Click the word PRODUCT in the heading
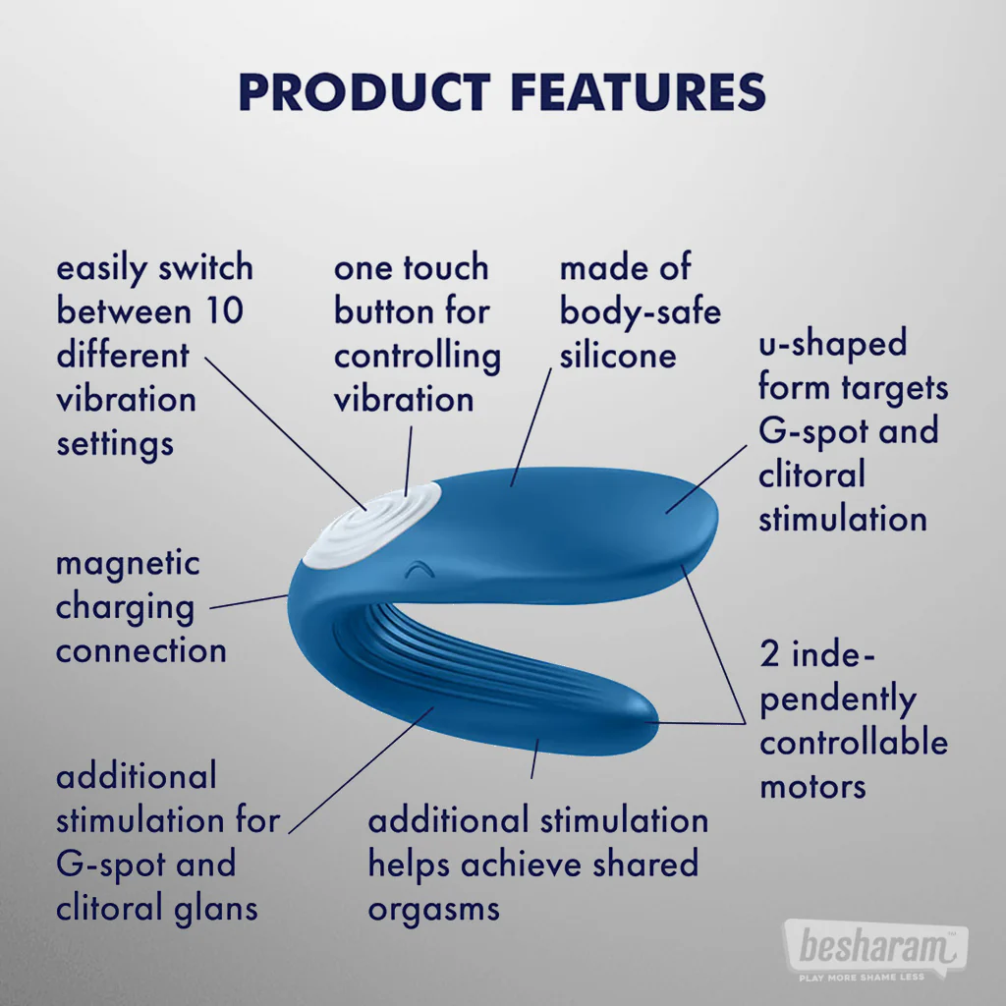tap(363, 91)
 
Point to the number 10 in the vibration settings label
tap(224, 311)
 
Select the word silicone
tap(618, 355)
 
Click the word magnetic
tap(128, 564)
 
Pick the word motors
tap(812, 786)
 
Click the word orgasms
tap(433, 908)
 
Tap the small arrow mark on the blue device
tap(419, 569)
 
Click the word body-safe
tap(640, 311)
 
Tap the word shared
tap(644, 865)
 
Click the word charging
tap(125, 607)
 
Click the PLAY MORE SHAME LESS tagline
tap(862, 978)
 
